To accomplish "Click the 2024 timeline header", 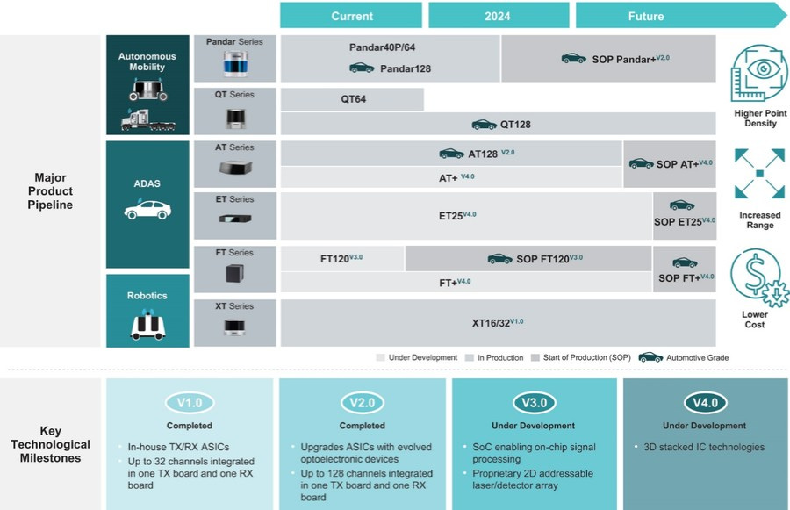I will (498, 16).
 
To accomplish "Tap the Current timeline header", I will (352, 16).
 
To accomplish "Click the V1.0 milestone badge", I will (190, 403).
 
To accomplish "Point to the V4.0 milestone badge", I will (706, 403).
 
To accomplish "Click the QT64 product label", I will (354, 99).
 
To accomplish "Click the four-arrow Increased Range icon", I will (759, 173).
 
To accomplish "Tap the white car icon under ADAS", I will (147, 211).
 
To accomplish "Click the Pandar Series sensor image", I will (234, 64).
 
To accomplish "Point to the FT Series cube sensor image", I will (234, 273).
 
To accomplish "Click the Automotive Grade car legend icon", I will (650, 357).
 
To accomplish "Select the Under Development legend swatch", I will (380, 357).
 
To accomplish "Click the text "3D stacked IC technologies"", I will (703, 447).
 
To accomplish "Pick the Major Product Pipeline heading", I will (51, 191).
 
